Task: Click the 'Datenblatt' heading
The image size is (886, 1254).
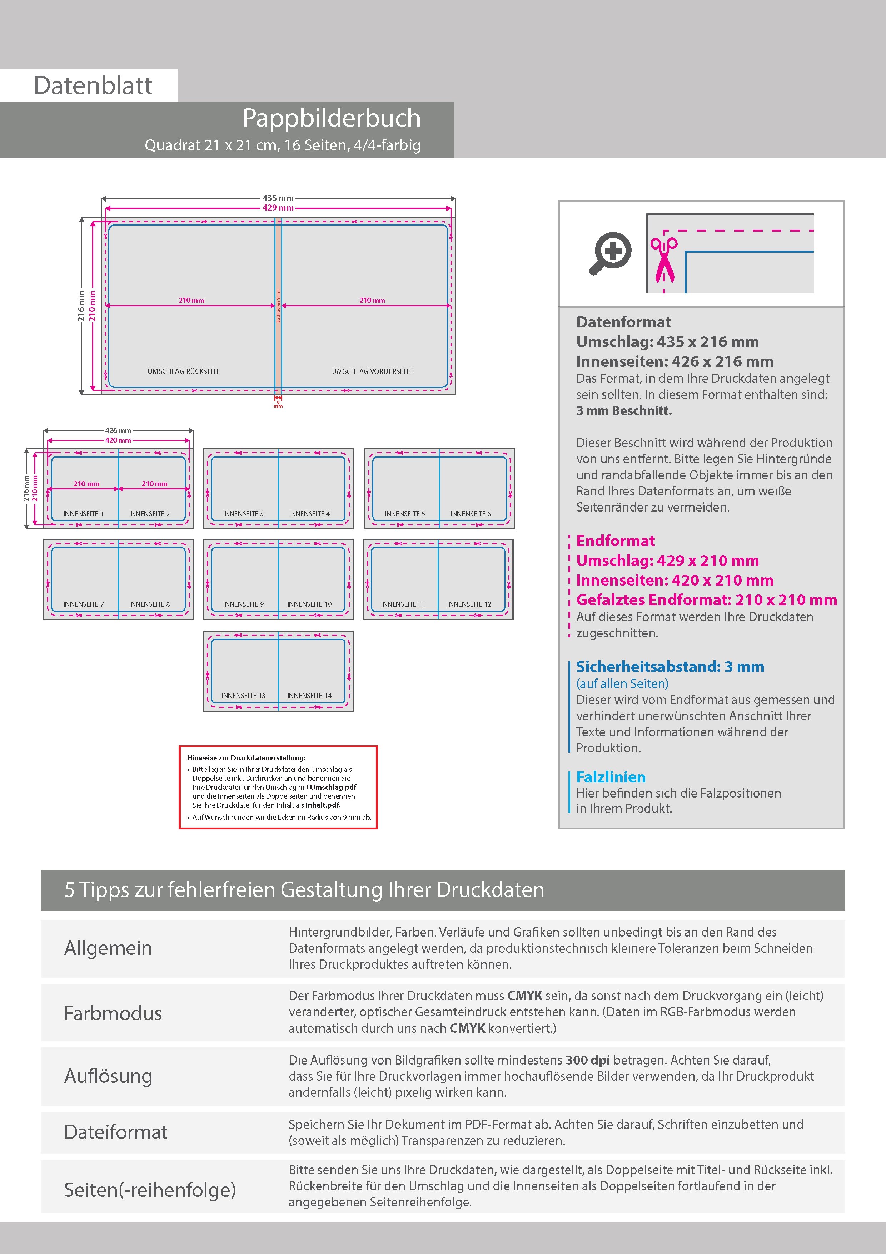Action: [93, 86]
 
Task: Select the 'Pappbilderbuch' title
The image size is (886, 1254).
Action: [332, 118]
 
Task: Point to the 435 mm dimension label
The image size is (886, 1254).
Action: [278, 198]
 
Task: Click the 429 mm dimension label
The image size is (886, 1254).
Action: [278, 208]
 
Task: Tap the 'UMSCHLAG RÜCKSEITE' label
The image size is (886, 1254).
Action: [184, 371]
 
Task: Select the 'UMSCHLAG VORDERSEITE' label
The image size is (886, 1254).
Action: [372, 371]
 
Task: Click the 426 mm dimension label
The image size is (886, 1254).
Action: [118, 430]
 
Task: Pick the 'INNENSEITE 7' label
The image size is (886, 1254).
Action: [84, 604]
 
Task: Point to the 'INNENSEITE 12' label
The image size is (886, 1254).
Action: [469, 604]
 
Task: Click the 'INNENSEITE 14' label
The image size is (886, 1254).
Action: [309, 696]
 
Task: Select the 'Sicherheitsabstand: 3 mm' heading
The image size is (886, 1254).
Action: [670, 667]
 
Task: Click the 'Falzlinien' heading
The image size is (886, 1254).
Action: [611, 777]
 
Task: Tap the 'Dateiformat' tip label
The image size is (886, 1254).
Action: [116, 1132]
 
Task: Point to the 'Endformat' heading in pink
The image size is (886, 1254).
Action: [615, 541]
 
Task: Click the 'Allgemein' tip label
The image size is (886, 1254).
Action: [108, 948]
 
